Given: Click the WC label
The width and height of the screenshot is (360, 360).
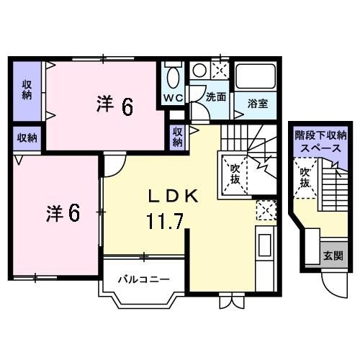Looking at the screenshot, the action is tap(174, 98).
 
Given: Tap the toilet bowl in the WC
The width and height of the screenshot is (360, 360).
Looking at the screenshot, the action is tap(174, 77).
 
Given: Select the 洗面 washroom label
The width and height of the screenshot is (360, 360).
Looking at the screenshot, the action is tap(216, 97).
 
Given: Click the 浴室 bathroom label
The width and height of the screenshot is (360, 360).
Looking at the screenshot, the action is tap(258, 104).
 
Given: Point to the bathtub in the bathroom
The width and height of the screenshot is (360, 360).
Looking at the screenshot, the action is tap(256, 76).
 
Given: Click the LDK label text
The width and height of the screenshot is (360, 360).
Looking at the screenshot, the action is tap(173, 197).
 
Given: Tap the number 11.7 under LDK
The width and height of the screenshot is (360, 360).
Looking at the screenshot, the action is tap(166, 221).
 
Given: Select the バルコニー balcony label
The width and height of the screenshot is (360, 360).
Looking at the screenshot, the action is tap(144, 279).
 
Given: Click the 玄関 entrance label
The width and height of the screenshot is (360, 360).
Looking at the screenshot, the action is tap(333, 256).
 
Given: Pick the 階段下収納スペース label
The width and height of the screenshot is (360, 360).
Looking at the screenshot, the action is tap(321, 142).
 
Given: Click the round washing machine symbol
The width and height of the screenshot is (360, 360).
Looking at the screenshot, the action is tap(199, 70).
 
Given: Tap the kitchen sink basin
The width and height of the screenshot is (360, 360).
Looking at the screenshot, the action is tap(264, 245).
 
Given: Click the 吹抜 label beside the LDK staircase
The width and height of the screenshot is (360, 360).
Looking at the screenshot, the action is tap(235, 174).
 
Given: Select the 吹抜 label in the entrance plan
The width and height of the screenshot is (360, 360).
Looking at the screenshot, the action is tap(305, 178).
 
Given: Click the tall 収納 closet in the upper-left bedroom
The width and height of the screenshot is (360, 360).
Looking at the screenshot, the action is tap(27, 90).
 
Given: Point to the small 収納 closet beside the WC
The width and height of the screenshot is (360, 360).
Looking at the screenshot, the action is tap(178, 138).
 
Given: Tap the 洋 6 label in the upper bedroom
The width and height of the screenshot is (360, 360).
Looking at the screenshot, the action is tap(114, 106).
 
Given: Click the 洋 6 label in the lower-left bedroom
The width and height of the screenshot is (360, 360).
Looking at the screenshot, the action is tap(63, 213).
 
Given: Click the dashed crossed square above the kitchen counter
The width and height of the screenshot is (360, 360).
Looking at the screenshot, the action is tap(266, 210).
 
